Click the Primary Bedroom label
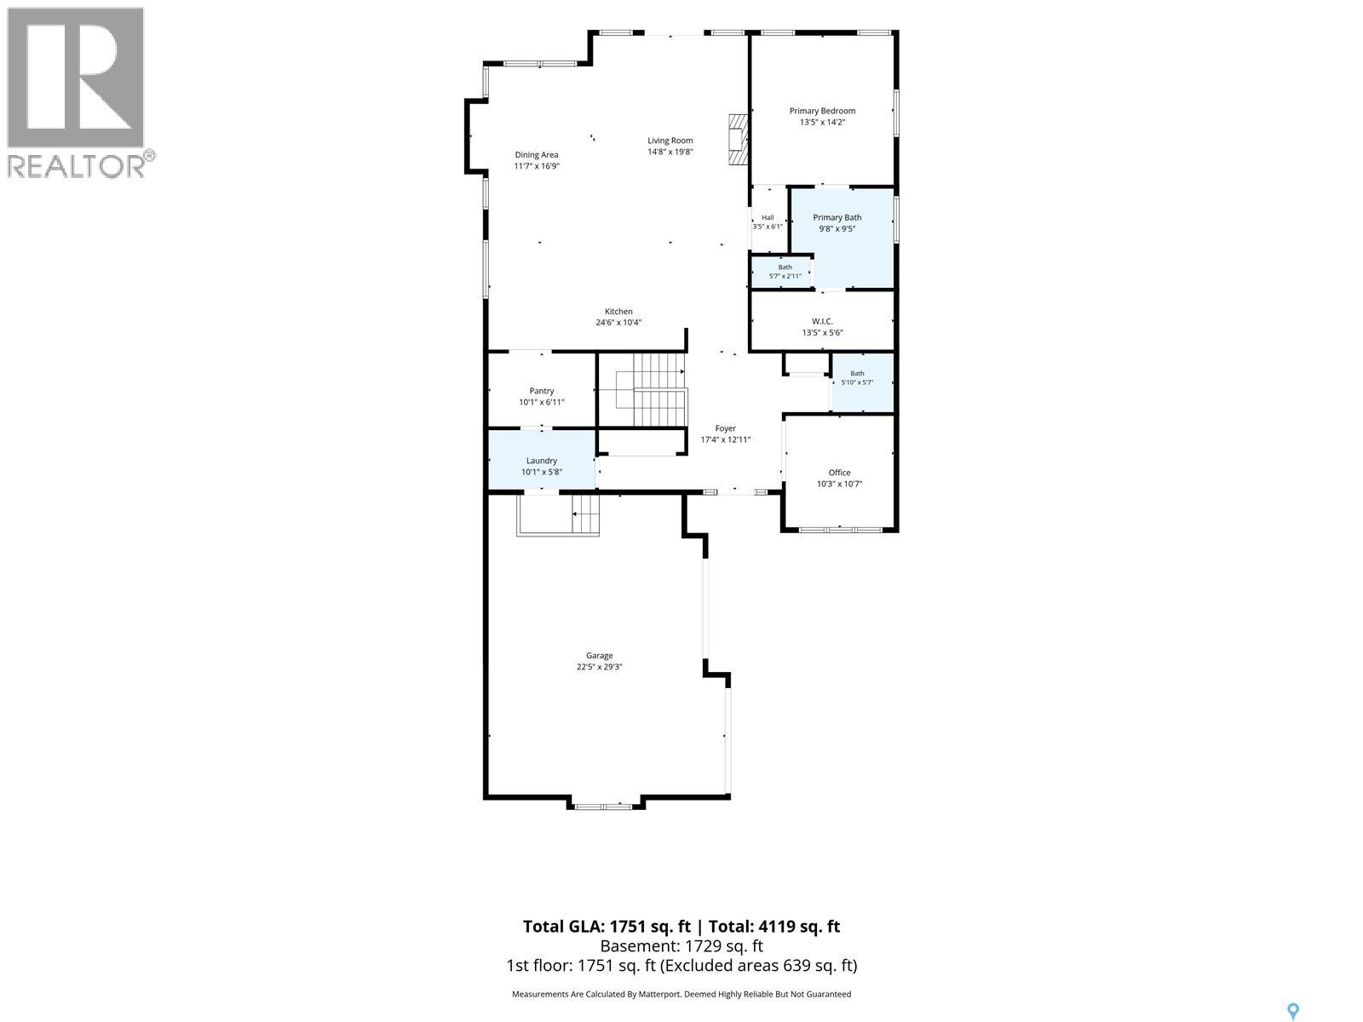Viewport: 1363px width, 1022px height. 822,111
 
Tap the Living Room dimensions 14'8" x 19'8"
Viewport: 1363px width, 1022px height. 670,152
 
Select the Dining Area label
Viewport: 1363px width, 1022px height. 537,155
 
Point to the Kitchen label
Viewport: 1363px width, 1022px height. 618,312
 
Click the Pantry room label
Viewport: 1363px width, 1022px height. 542,391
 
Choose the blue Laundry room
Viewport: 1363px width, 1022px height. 542,460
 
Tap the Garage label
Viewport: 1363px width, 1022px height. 599,655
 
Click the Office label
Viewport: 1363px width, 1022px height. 840,473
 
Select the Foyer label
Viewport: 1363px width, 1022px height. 725,428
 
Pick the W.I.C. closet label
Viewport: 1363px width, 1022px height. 822,321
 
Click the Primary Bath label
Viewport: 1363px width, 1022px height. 837,218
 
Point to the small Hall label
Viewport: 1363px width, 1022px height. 768,218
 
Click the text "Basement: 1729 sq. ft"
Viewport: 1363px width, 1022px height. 681,945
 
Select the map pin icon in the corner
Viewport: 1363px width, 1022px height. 1293,1012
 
